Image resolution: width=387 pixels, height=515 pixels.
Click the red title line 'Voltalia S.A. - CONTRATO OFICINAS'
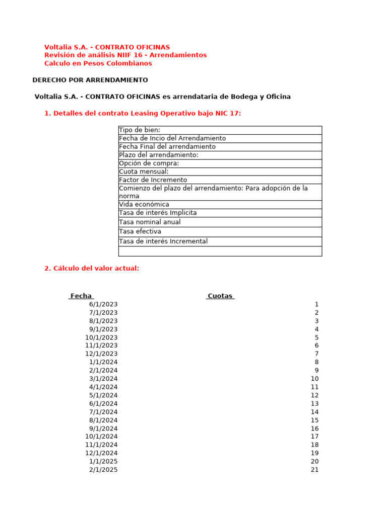[107, 47]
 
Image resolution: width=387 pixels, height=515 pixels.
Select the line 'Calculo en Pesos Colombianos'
[98, 63]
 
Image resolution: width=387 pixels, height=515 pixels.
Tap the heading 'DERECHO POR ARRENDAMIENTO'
[90, 80]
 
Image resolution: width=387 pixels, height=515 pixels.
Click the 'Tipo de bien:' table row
[140, 130]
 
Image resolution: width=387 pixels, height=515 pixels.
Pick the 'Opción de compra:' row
[149, 163]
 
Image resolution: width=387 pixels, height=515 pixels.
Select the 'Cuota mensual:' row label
[144, 171]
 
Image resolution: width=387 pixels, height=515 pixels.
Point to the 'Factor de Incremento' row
[153, 180]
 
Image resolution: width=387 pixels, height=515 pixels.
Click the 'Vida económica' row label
[144, 205]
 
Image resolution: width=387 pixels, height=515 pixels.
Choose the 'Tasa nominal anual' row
[150, 222]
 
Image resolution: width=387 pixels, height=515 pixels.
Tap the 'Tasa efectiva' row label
[140, 231]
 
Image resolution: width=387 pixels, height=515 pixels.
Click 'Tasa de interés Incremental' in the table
[163, 241]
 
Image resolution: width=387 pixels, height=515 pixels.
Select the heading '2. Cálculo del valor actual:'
[92, 269]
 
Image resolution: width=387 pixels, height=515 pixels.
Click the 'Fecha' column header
[81, 296]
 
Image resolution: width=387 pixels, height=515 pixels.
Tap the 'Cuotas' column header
[220, 296]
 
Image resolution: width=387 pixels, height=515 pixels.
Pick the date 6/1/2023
[103, 304]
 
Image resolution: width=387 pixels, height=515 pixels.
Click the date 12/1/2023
[101, 354]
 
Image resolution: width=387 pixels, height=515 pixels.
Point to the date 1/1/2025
[103, 462]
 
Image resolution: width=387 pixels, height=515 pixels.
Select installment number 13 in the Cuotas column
[314, 404]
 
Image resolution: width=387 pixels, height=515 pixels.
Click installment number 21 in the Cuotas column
[314, 470]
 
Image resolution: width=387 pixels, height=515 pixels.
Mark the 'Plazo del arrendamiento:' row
[159, 155]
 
